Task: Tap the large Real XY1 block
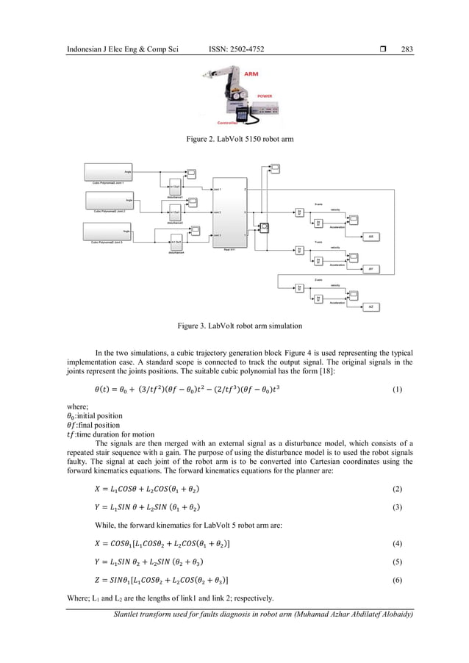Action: click(x=229, y=212)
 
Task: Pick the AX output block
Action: click(x=370, y=236)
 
